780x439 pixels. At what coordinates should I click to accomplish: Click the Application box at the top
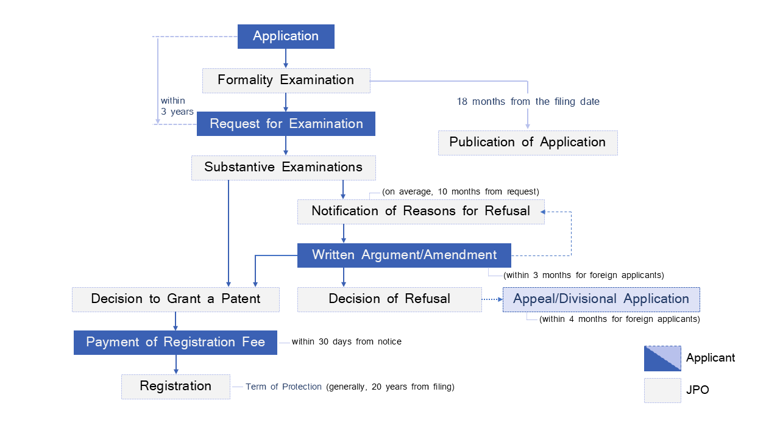coord(286,37)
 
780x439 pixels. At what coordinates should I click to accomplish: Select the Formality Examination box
coord(286,80)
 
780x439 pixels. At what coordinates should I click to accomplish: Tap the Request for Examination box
coord(286,124)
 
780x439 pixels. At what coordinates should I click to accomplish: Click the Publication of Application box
coord(528,143)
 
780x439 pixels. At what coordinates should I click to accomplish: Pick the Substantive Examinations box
coord(283,168)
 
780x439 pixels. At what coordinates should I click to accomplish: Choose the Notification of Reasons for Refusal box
coord(420,212)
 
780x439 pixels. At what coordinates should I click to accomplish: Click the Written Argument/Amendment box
coord(404,255)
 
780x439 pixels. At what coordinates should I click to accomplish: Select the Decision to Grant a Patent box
coord(175,299)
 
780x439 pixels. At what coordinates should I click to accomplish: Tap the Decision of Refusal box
coord(389,299)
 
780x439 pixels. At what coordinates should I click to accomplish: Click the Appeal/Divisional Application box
coord(601,299)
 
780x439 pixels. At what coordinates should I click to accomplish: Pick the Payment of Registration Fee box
coord(175,343)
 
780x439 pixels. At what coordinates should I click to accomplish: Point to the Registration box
coord(175,387)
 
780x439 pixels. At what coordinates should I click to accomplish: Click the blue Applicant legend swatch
coord(662,359)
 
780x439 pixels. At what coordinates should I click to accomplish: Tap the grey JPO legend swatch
coord(662,390)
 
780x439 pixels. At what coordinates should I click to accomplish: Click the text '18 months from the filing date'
coord(528,102)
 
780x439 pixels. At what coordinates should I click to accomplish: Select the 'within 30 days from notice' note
coord(346,342)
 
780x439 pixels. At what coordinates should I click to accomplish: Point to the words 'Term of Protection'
coord(283,387)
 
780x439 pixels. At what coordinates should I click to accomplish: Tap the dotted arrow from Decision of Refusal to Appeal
coord(492,299)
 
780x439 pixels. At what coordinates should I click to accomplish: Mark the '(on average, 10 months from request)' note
coord(461,192)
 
